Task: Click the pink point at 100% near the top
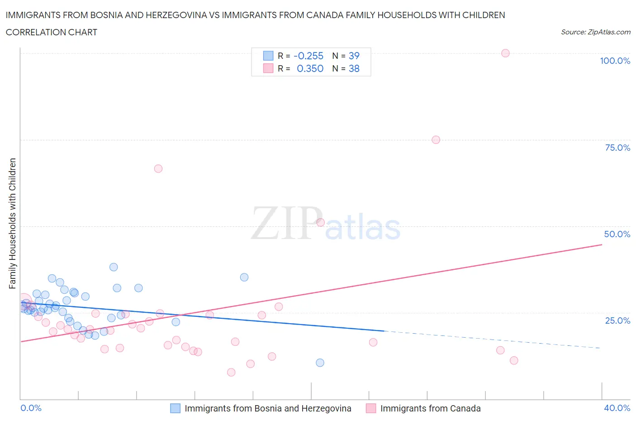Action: click(x=505, y=53)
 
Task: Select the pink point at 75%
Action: click(x=436, y=139)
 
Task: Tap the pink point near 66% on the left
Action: click(x=158, y=168)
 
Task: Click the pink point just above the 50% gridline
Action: click(x=320, y=222)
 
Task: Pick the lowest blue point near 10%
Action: click(x=320, y=363)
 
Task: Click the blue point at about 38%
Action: click(x=114, y=267)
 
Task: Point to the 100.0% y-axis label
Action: click(x=615, y=61)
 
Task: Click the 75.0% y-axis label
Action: click(x=617, y=148)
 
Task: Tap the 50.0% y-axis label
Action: click(x=617, y=234)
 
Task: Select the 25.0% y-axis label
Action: click(x=617, y=321)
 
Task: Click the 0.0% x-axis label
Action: click(x=31, y=408)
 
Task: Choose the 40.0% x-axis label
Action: click(x=617, y=408)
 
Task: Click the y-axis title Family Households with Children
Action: click(x=12, y=223)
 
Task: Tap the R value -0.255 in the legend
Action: click(x=309, y=56)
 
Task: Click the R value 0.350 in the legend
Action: click(x=310, y=68)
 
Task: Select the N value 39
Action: click(x=354, y=56)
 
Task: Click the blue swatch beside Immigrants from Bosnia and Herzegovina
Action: click(x=175, y=408)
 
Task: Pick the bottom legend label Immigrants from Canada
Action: click(x=430, y=408)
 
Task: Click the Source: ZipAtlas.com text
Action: click(x=595, y=32)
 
